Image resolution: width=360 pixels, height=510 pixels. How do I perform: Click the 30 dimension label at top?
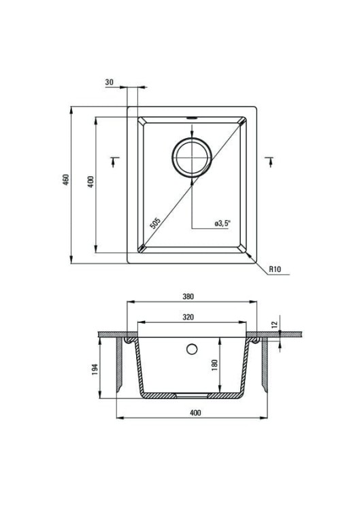pos(110,82)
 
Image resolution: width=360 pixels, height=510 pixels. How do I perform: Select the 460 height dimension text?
pos(66,180)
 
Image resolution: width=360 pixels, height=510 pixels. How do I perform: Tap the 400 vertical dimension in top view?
pos(91,182)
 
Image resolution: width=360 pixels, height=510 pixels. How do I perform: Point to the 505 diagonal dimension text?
pos(156,223)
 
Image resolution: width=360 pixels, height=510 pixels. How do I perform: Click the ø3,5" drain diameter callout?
pos(223,223)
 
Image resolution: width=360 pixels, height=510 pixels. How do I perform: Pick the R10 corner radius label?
pos(275,269)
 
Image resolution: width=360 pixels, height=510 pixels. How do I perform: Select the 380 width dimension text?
pos(188,296)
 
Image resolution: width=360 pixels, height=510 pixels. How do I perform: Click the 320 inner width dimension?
pos(188,317)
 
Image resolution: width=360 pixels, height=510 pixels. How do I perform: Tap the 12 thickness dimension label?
pos(274,324)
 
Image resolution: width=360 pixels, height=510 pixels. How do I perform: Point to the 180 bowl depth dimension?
pos(214,366)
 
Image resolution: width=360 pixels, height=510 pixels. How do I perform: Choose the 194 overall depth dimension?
pos(95,369)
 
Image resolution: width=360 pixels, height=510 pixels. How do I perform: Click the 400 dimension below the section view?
pos(195,413)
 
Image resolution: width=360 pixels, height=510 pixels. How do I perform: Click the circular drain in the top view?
pos(191,158)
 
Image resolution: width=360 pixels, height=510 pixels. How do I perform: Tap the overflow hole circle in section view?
pos(192,349)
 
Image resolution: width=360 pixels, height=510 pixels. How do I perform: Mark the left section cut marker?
pos(114,161)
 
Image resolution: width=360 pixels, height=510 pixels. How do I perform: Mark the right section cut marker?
pos(270,161)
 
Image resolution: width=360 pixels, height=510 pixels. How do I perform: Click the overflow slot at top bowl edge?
pos(191,118)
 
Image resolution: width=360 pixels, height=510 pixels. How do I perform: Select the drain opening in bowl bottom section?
pos(192,396)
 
